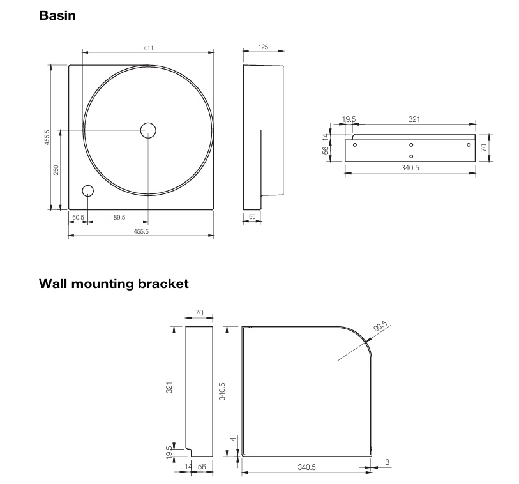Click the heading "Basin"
coord(57,15)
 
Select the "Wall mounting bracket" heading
coord(114,283)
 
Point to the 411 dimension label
coord(149,48)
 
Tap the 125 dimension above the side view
coord(263,48)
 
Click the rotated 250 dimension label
coord(56,169)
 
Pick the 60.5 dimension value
coord(78,218)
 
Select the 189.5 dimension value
coord(117,218)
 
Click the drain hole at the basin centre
coord(148,130)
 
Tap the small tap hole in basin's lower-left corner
coord(87,191)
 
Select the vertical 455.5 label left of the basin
coord(47,137)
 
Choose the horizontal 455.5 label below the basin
coord(141,232)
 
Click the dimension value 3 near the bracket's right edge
coord(387,461)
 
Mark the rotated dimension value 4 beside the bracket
coord(234,439)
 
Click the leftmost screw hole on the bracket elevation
coord(355,145)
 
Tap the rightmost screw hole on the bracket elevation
coord(468,145)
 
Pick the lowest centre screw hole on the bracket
coord(411,156)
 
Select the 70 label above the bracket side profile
coord(199,313)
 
